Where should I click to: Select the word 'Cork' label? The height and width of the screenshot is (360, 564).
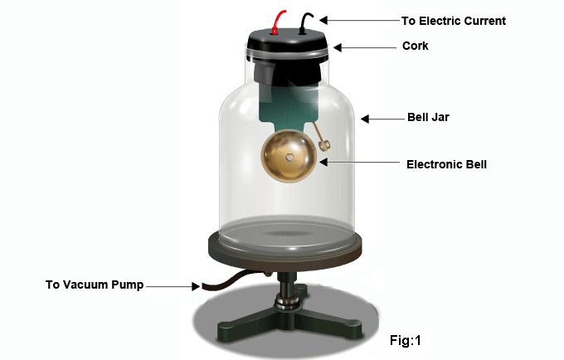coord(415,46)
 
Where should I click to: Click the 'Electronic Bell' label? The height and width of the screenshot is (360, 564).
coord(446,164)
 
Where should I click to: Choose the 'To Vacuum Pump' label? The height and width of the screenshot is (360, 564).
coord(95,285)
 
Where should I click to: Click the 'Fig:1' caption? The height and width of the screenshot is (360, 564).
coord(406,340)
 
